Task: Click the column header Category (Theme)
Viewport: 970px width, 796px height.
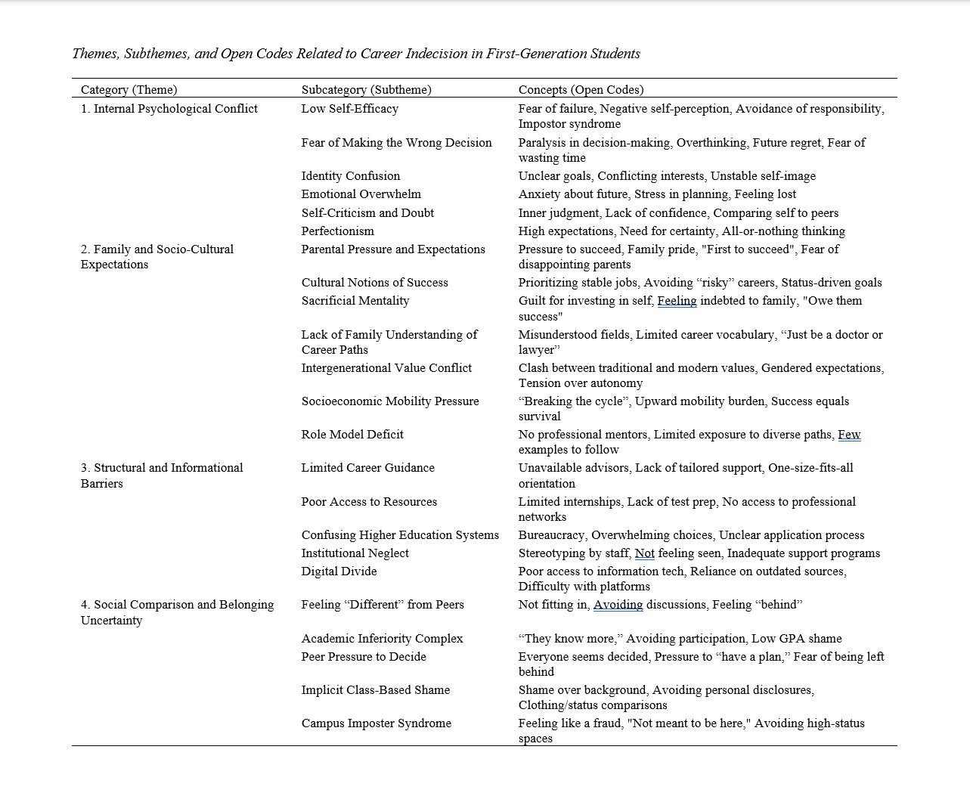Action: pos(129,90)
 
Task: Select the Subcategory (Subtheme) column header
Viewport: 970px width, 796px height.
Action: pos(366,90)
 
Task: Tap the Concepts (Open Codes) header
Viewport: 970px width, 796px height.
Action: pos(581,90)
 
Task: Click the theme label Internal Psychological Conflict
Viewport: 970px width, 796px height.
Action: pos(169,109)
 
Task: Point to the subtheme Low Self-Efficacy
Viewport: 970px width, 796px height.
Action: pos(349,109)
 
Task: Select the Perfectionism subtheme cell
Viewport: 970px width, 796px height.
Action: pos(337,231)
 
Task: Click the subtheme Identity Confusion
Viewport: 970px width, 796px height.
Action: pos(350,176)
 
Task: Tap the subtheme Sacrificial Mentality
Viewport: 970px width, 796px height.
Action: pos(355,301)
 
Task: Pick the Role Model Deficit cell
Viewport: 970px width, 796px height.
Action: pos(352,435)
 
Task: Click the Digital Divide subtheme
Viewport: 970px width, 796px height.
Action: pos(339,571)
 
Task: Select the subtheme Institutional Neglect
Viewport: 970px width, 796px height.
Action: pos(355,553)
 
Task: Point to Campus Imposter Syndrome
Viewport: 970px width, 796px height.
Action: pos(376,723)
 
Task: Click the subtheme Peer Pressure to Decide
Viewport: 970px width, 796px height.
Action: pos(364,657)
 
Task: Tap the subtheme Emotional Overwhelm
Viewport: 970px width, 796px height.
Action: pos(361,194)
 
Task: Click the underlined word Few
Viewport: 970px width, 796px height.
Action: pos(849,435)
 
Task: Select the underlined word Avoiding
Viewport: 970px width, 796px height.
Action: pos(618,605)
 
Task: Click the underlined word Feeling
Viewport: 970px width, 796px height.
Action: pos(677,301)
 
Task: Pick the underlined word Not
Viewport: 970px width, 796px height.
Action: pos(644,553)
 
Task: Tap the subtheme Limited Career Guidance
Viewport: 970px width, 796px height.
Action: pos(367,468)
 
